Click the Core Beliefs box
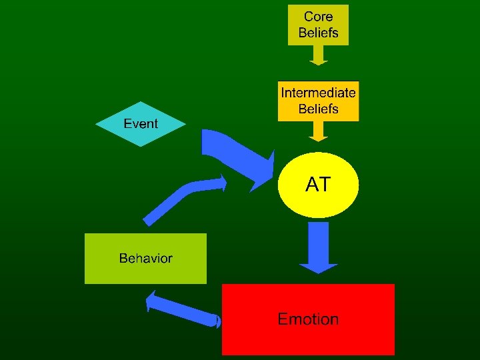click(318, 24)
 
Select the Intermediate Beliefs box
click(318, 101)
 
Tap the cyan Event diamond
click(141, 123)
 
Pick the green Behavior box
click(145, 259)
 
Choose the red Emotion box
click(308, 319)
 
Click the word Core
click(319, 16)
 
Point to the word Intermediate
click(318, 92)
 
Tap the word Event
click(141, 123)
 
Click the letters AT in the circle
click(318, 185)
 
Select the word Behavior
click(145, 259)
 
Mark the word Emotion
click(308, 319)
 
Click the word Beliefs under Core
click(319, 32)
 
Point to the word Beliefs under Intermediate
click(318, 109)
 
